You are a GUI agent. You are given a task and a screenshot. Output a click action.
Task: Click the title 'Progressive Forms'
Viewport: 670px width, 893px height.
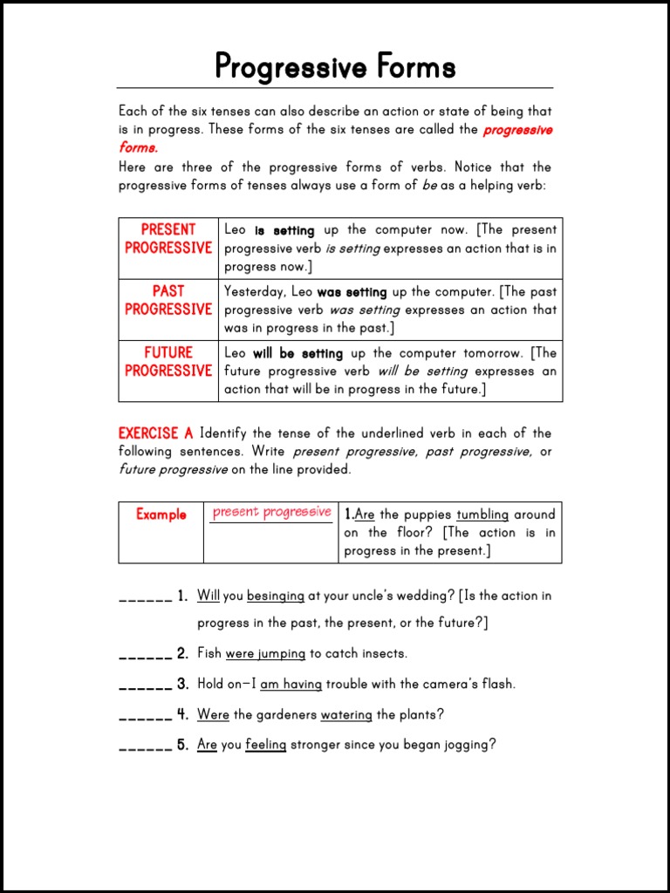pyautogui.click(x=335, y=66)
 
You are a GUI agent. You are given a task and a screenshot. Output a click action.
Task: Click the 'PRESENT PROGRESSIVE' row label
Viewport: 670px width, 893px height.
pyautogui.click(x=168, y=238)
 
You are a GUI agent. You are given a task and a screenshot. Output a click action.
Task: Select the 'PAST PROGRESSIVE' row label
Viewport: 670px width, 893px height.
pyautogui.click(x=168, y=300)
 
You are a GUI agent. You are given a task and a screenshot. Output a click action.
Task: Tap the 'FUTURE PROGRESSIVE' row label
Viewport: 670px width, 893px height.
pyautogui.click(x=168, y=361)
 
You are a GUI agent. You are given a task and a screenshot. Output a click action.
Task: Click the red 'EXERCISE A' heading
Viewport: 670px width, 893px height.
pyautogui.click(x=155, y=433)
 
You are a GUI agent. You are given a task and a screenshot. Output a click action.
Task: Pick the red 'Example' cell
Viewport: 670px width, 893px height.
pyautogui.click(x=161, y=515)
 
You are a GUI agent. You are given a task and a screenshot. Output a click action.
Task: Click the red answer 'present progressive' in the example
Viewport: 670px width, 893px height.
pyautogui.click(x=271, y=512)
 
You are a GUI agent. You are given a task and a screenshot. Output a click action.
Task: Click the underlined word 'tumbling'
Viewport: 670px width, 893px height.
pyautogui.click(x=482, y=515)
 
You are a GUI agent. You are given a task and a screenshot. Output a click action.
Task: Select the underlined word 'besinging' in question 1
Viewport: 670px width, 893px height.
pyautogui.click(x=276, y=596)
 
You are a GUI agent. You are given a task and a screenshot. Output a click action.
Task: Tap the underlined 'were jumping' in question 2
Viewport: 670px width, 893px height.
pyautogui.click(x=265, y=653)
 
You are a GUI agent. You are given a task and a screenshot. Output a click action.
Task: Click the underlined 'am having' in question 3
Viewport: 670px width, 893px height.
pyautogui.click(x=291, y=684)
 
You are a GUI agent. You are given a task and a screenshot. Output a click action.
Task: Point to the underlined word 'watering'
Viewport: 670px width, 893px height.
pyautogui.click(x=346, y=714)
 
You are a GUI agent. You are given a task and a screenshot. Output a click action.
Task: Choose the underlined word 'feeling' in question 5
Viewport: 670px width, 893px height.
pyautogui.click(x=265, y=745)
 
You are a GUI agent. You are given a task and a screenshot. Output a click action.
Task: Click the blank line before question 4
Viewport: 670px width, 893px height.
pyautogui.click(x=145, y=715)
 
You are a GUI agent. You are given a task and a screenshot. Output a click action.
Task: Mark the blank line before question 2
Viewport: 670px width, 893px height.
pyautogui.click(x=145, y=654)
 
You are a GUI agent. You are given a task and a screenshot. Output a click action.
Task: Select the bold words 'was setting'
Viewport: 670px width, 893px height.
pyautogui.click(x=352, y=292)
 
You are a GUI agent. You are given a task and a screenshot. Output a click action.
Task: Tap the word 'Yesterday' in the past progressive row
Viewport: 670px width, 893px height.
pyautogui.click(x=253, y=292)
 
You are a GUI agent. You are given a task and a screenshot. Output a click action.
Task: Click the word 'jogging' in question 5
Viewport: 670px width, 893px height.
pyautogui.click(x=467, y=746)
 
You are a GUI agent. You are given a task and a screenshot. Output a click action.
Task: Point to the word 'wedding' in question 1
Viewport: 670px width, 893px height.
pyautogui.click(x=415, y=596)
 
